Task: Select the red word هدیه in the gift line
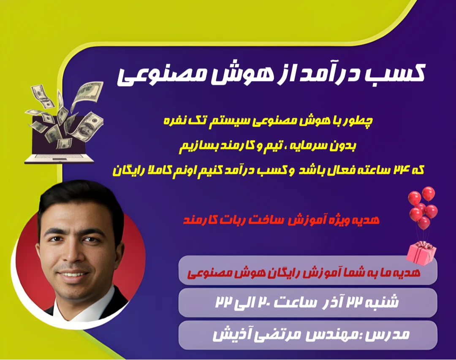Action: click(x=367, y=220)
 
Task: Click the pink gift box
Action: click(x=421, y=252)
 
